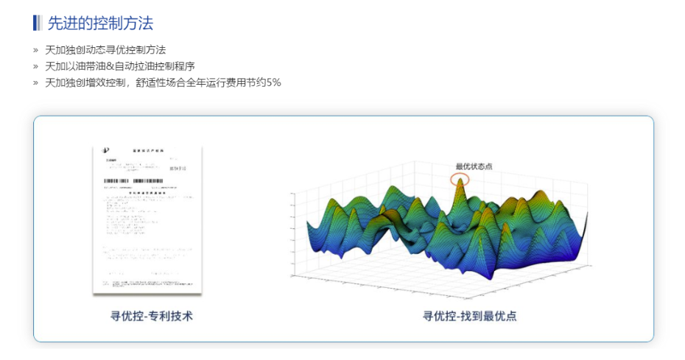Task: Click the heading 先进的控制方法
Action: point(100,23)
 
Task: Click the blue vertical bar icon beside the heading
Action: point(37,23)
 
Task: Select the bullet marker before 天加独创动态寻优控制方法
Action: point(35,50)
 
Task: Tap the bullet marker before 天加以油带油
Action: point(35,66)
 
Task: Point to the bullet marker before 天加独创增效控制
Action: point(35,82)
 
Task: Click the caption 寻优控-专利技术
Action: point(152,316)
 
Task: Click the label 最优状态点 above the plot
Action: point(474,166)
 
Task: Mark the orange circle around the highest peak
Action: point(460,179)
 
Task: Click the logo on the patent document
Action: point(106,152)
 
